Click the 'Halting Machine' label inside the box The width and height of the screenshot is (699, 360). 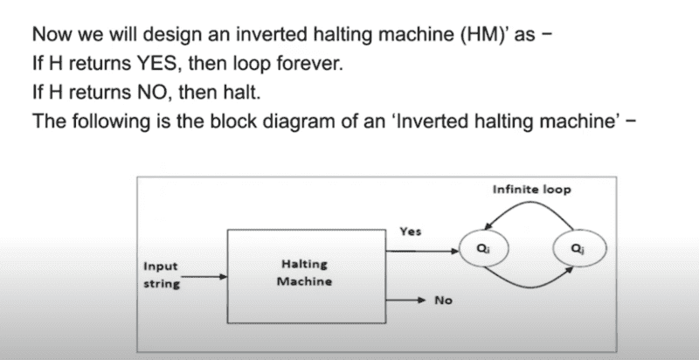pos(304,273)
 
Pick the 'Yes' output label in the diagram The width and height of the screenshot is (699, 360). pos(411,232)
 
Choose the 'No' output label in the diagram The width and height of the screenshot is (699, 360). pos(443,301)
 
